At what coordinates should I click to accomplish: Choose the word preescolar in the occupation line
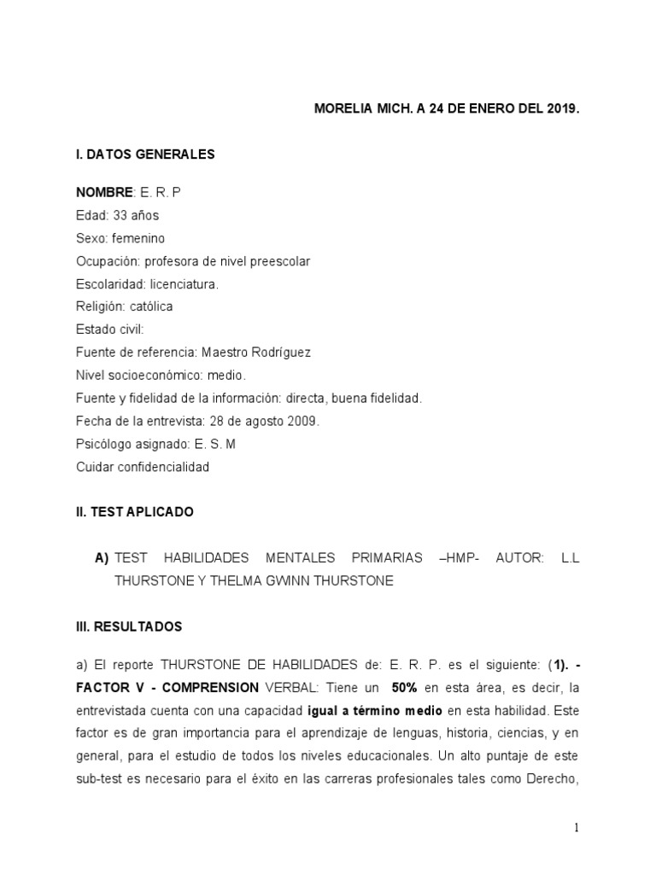coord(278,261)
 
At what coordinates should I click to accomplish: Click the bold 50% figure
coord(404,687)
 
